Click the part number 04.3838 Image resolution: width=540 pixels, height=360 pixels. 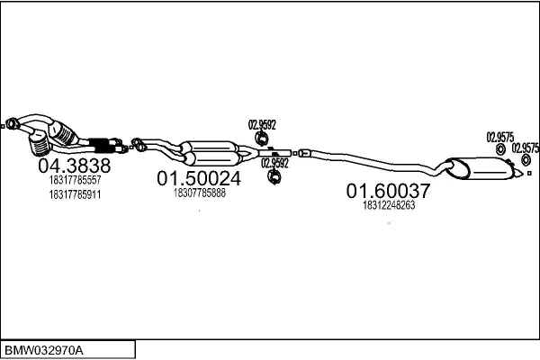click(x=74, y=166)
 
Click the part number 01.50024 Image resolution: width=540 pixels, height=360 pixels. click(x=199, y=179)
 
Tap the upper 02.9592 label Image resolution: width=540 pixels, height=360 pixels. click(x=262, y=126)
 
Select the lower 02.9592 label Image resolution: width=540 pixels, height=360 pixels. click(x=275, y=163)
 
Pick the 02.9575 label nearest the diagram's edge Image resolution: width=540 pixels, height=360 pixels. click(x=525, y=148)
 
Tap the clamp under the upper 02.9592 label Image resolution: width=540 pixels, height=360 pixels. click(x=260, y=139)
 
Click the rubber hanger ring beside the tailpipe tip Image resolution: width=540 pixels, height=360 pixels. click(x=524, y=161)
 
